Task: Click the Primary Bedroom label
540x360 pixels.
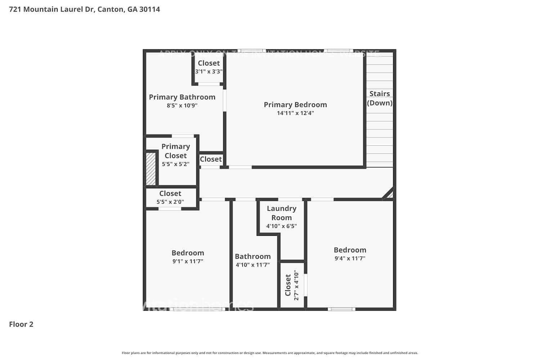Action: (295, 105)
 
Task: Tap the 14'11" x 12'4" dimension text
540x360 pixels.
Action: (295, 113)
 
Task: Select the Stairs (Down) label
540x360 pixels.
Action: (379, 98)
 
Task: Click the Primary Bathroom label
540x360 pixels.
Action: (182, 97)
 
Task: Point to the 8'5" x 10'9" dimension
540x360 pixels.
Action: (182, 105)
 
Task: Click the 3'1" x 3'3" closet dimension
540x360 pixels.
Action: (209, 72)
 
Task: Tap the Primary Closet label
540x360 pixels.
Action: (176, 151)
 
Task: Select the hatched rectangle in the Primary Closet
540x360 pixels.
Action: (151, 169)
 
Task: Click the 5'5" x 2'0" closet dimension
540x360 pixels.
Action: (170, 202)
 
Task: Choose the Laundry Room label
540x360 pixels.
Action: (282, 213)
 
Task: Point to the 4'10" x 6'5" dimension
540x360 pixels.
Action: (282, 226)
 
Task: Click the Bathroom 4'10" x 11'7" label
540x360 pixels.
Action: (253, 260)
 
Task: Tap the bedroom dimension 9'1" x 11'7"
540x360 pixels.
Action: (188, 261)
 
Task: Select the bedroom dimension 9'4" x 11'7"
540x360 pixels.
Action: (350, 258)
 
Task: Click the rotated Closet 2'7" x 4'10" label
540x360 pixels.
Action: (292, 285)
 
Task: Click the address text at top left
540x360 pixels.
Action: (85, 9)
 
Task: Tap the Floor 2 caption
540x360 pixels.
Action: (21, 324)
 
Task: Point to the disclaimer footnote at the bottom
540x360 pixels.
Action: (270, 353)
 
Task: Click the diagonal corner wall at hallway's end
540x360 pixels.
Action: (388, 193)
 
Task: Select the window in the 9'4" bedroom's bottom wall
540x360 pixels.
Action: (341, 309)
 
